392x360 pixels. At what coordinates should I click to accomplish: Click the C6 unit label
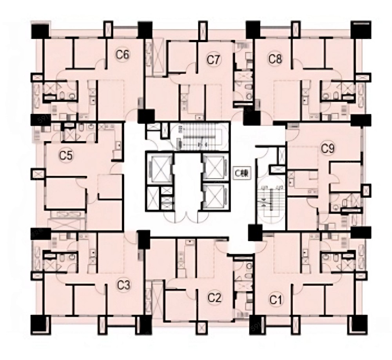click(x=123, y=54)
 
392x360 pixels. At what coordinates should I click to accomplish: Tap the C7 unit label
click(x=214, y=60)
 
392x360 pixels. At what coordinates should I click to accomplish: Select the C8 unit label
click(x=275, y=59)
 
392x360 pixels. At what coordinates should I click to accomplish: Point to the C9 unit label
click(x=327, y=148)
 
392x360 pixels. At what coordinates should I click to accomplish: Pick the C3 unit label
click(x=124, y=285)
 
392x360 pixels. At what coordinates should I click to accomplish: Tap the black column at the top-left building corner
click(x=39, y=30)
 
